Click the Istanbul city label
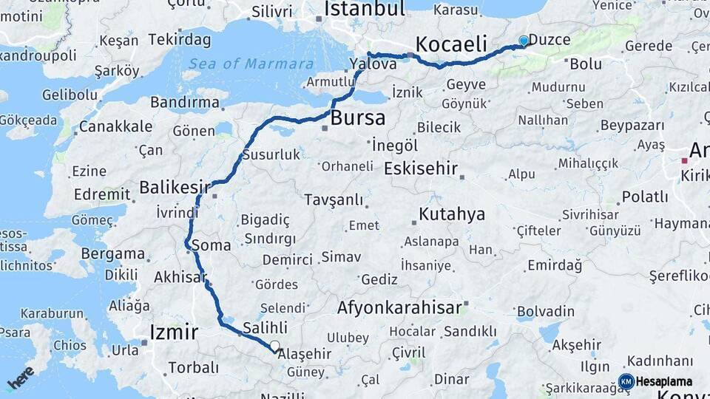(x=365, y=9)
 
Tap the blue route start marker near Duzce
(x=524, y=41)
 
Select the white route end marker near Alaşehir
(x=275, y=346)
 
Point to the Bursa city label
(x=358, y=118)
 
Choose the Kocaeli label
(x=451, y=44)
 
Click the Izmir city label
(x=174, y=332)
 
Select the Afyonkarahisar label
(x=399, y=307)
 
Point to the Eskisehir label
(x=421, y=168)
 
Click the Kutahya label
(x=452, y=215)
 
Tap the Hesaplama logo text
(x=664, y=382)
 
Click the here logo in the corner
(x=21, y=378)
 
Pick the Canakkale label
(x=115, y=127)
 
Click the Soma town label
(x=211, y=245)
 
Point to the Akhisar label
(x=179, y=278)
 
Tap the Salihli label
(x=265, y=328)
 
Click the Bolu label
(x=586, y=64)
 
